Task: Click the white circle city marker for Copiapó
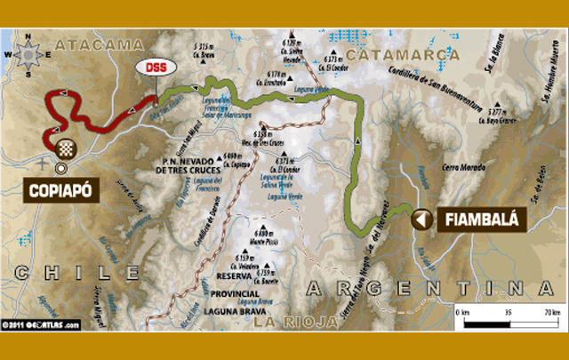point(61,167)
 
